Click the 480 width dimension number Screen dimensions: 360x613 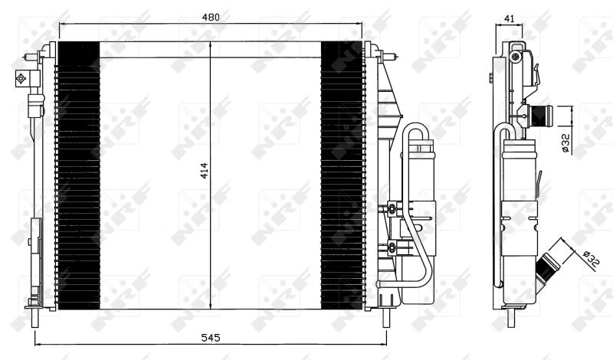click(210, 15)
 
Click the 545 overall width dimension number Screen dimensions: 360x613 click(210, 337)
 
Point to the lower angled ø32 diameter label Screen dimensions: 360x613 click(589, 258)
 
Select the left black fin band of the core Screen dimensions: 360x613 click(78, 175)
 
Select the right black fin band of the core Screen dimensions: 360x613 click(342, 175)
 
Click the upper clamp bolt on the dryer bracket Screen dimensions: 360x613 click(392, 208)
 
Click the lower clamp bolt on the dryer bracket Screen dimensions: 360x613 click(392, 247)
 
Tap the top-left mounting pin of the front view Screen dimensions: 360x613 click(31, 57)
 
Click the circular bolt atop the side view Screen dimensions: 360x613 click(518, 56)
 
